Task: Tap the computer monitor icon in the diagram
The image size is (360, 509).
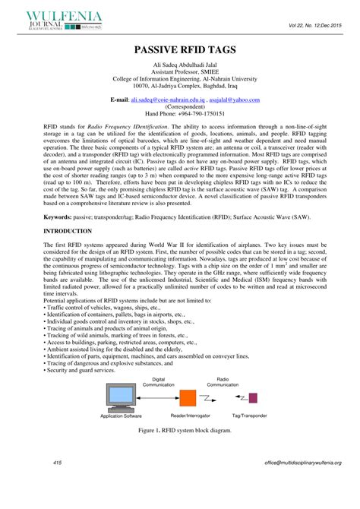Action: coord(122,395)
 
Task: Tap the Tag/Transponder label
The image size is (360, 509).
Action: coord(249,415)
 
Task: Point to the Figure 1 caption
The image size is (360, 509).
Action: coord(179,430)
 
